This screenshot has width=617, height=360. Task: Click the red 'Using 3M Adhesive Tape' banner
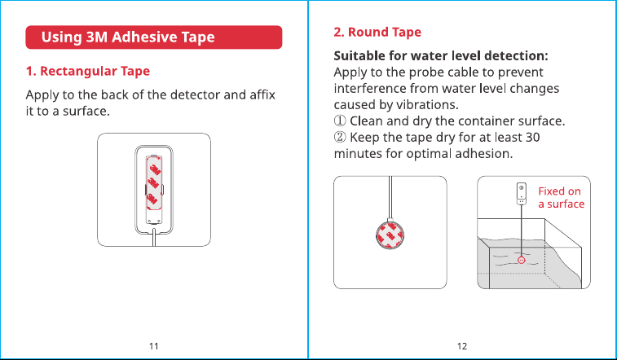click(x=154, y=37)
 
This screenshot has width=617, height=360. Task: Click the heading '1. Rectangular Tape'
click(x=88, y=71)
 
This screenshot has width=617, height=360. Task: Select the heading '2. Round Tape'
click(x=377, y=32)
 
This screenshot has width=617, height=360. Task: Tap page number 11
click(x=154, y=346)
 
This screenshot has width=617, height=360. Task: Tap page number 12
click(x=462, y=346)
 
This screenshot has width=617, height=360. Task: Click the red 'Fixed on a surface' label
click(x=561, y=198)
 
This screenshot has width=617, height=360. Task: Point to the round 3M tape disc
click(x=390, y=236)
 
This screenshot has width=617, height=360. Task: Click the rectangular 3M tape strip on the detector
click(x=154, y=183)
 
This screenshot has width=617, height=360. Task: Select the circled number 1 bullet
click(x=340, y=121)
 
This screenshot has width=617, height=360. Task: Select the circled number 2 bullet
click(x=340, y=137)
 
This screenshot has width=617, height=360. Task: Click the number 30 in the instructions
click(x=532, y=137)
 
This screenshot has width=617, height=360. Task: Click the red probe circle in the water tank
click(x=522, y=260)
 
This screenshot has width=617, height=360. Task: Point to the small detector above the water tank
click(x=522, y=193)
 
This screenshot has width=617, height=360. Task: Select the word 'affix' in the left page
click(x=262, y=94)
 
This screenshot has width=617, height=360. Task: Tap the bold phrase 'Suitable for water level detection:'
click(x=441, y=56)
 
